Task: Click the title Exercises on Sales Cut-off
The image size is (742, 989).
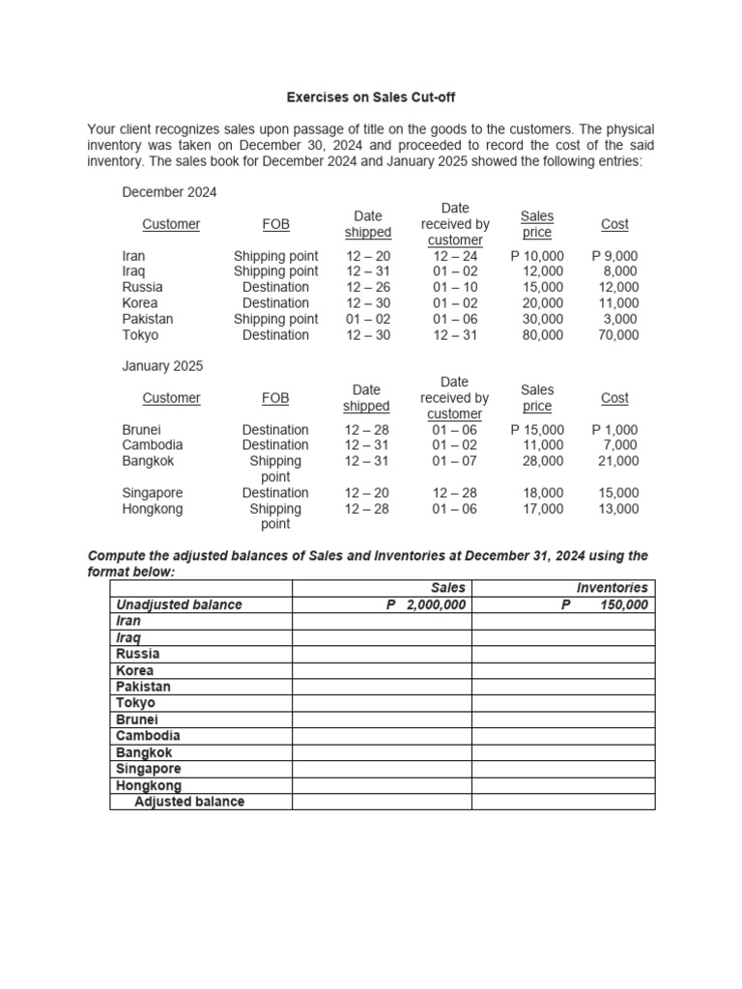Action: click(370, 98)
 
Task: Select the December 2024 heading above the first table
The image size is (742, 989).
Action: click(169, 192)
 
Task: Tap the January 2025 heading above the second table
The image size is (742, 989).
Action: click(162, 366)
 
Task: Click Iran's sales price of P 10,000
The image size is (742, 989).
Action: click(537, 256)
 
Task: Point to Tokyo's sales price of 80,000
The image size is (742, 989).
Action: click(543, 335)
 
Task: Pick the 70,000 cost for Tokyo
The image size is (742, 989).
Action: click(618, 335)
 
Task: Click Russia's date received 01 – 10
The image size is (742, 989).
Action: click(454, 287)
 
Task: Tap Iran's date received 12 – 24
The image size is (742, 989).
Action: click(454, 256)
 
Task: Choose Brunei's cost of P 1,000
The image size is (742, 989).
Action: click(614, 430)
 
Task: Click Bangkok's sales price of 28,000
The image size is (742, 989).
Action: click(543, 461)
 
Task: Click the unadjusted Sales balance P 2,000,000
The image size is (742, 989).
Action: click(426, 605)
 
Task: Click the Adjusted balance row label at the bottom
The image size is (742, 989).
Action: click(189, 802)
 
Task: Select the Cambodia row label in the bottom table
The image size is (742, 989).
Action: click(148, 736)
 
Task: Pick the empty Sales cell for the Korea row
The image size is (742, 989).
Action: click(382, 670)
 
